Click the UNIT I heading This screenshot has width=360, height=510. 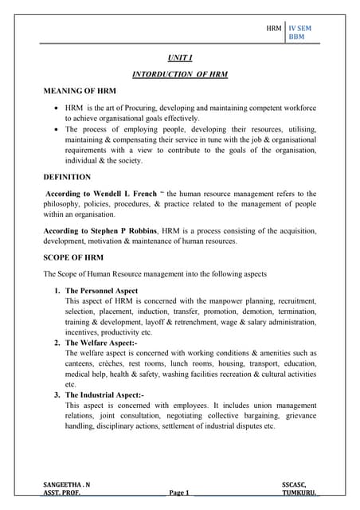click(x=179, y=57)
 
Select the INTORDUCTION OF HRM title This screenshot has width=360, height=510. click(x=179, y=74)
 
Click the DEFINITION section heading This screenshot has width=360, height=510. click(x=68, y=177)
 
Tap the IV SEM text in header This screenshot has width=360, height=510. click(x=300, y=27)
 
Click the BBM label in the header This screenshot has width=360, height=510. click(x=296, y=37)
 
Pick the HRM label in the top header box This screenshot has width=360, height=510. click(x=273, y=27)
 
